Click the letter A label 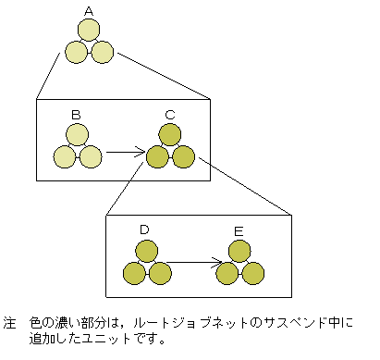tap(89, 11)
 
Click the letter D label tap(144, 229)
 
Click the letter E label tap(239, 229)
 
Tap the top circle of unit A tap(89, 31)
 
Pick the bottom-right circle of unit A tap(102, 52)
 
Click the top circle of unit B tap(77, 135)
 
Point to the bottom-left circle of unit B tap(64, 156)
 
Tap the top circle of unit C tap(170, 135)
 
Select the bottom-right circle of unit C tap(183, 156)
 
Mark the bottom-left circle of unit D tap(134, 273)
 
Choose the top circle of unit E tap(239, 251)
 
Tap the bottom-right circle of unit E tap(252, 273)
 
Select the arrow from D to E tap(192, 263)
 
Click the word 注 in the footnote tap(10, 326)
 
